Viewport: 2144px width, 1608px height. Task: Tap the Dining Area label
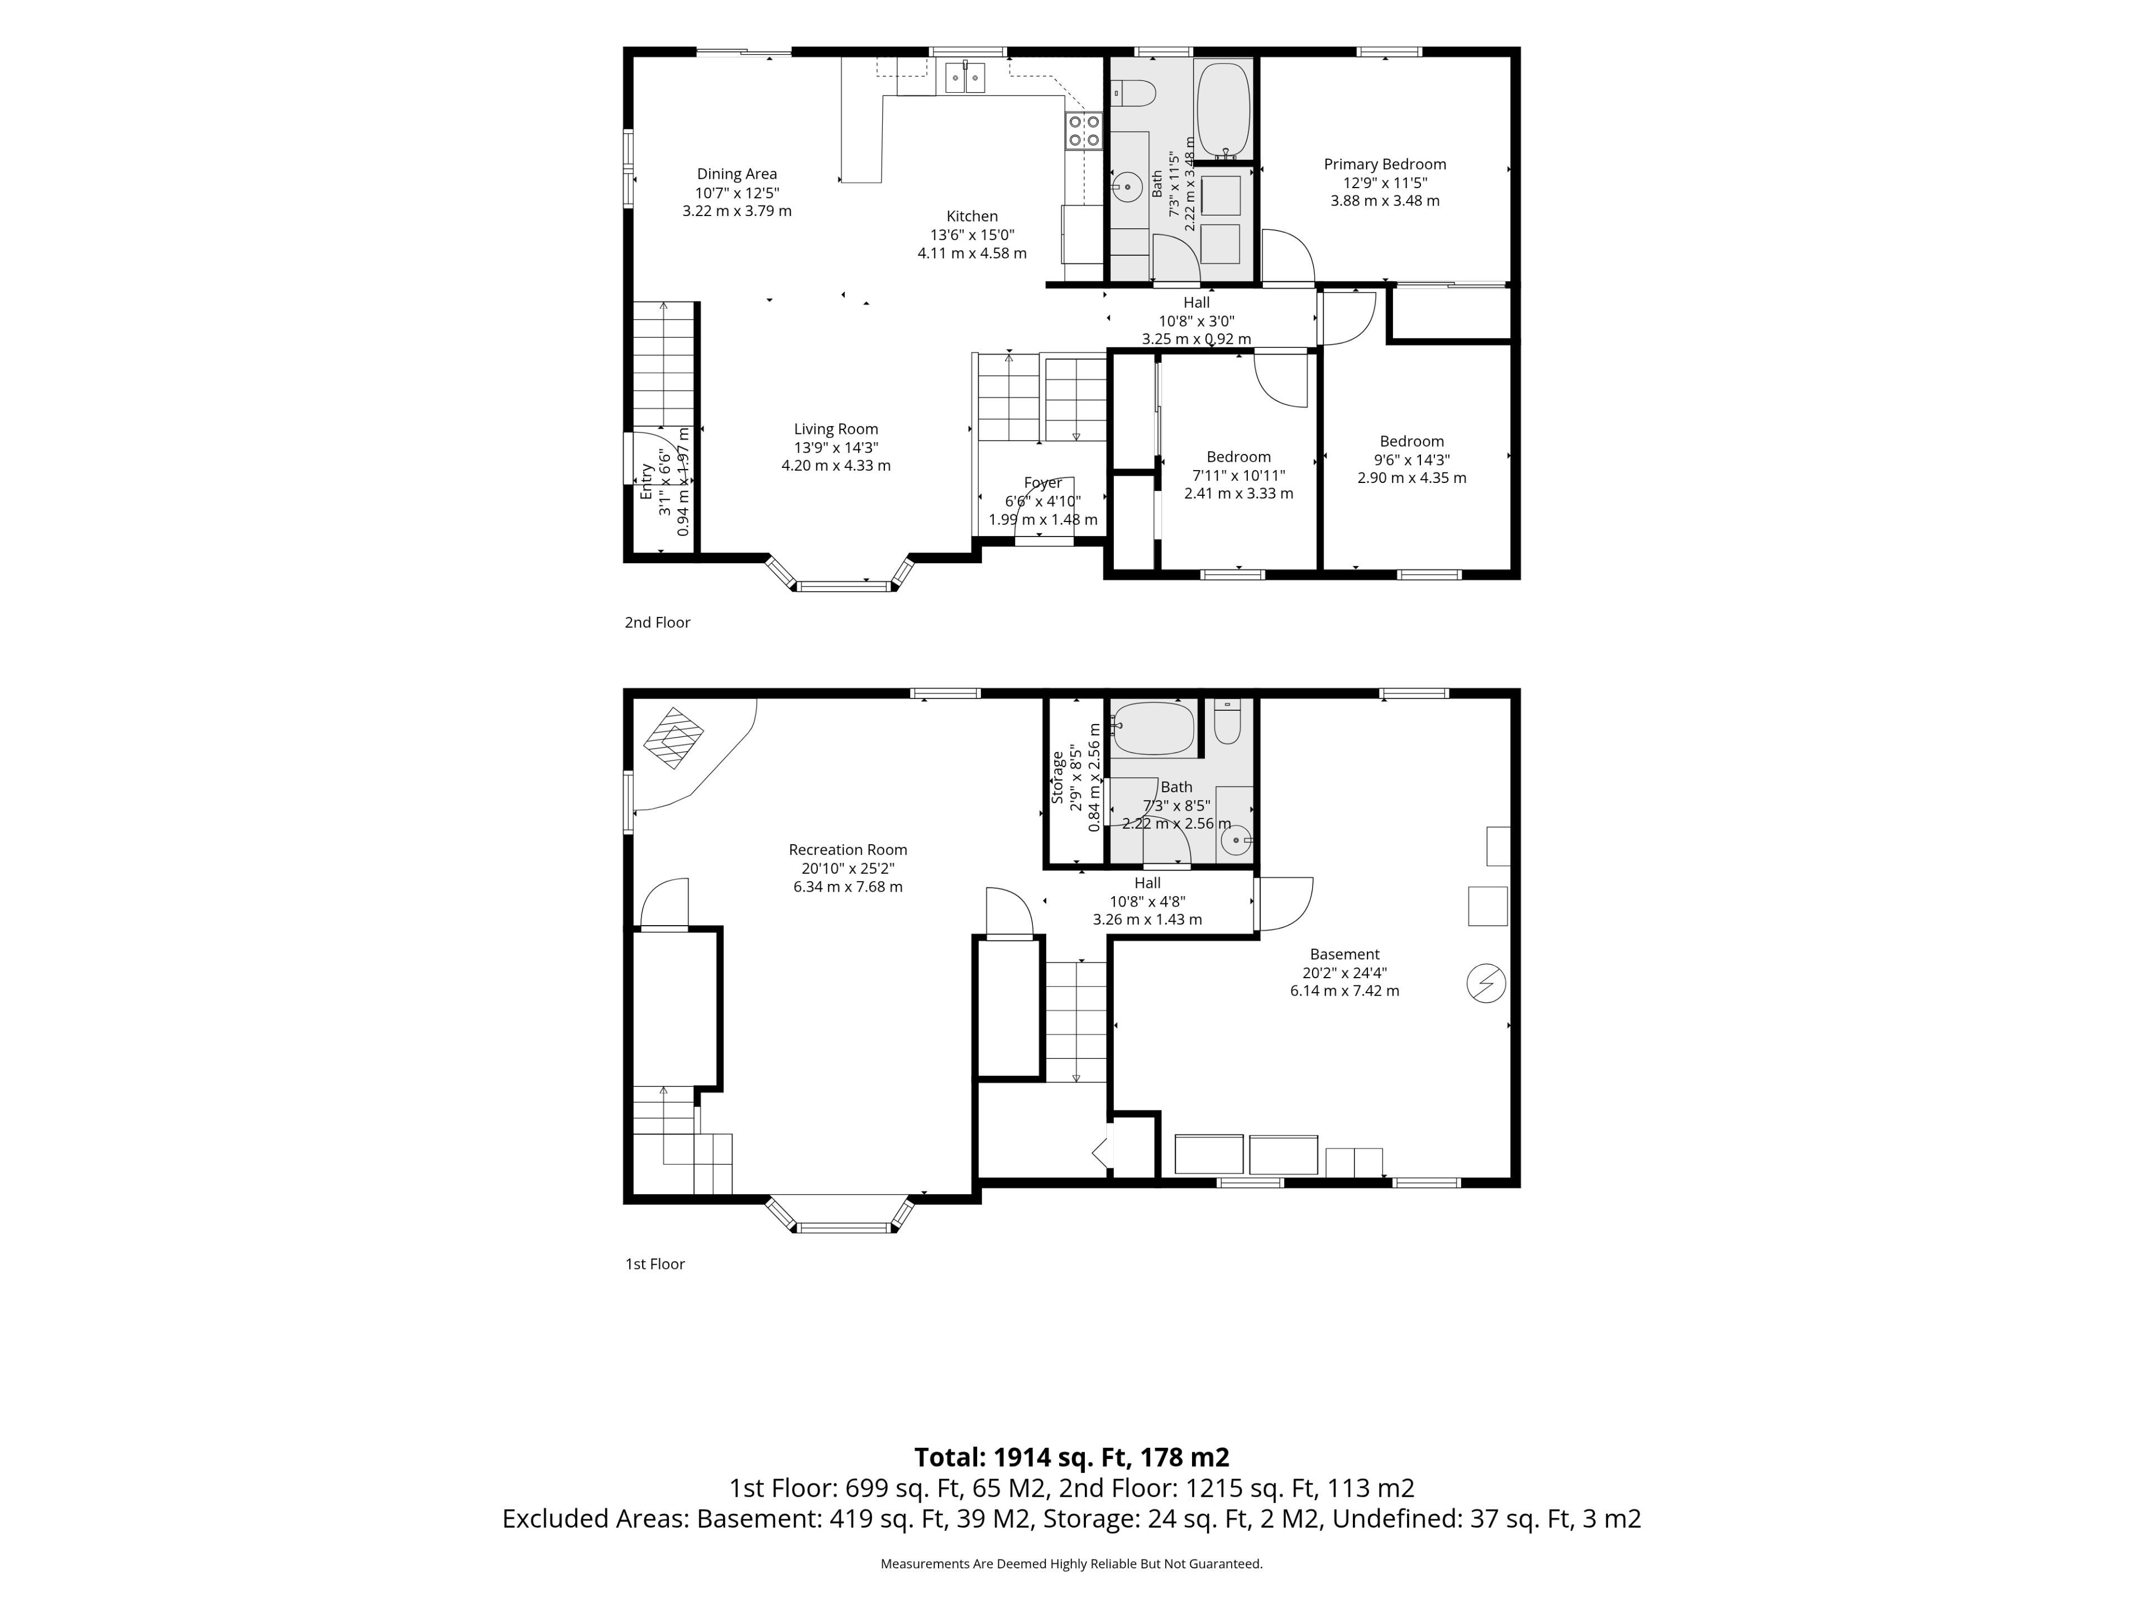click(x=736, y=174)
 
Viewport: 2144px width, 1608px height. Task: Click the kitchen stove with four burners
click(x=1084, y=131)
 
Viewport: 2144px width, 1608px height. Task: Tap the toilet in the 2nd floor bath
click(x=1133, y=94)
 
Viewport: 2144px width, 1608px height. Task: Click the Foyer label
click(x=1043, y=483)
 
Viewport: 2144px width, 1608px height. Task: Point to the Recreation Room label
click(x=848, y=850)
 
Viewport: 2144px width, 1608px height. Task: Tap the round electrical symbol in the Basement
click(x=1486, y=983)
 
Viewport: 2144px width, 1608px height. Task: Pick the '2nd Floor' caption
click(x=657, y=623)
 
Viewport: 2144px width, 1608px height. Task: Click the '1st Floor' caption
click(x=655, y=1264)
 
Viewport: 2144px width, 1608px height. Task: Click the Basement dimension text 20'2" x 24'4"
click(x=1344, y=973)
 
